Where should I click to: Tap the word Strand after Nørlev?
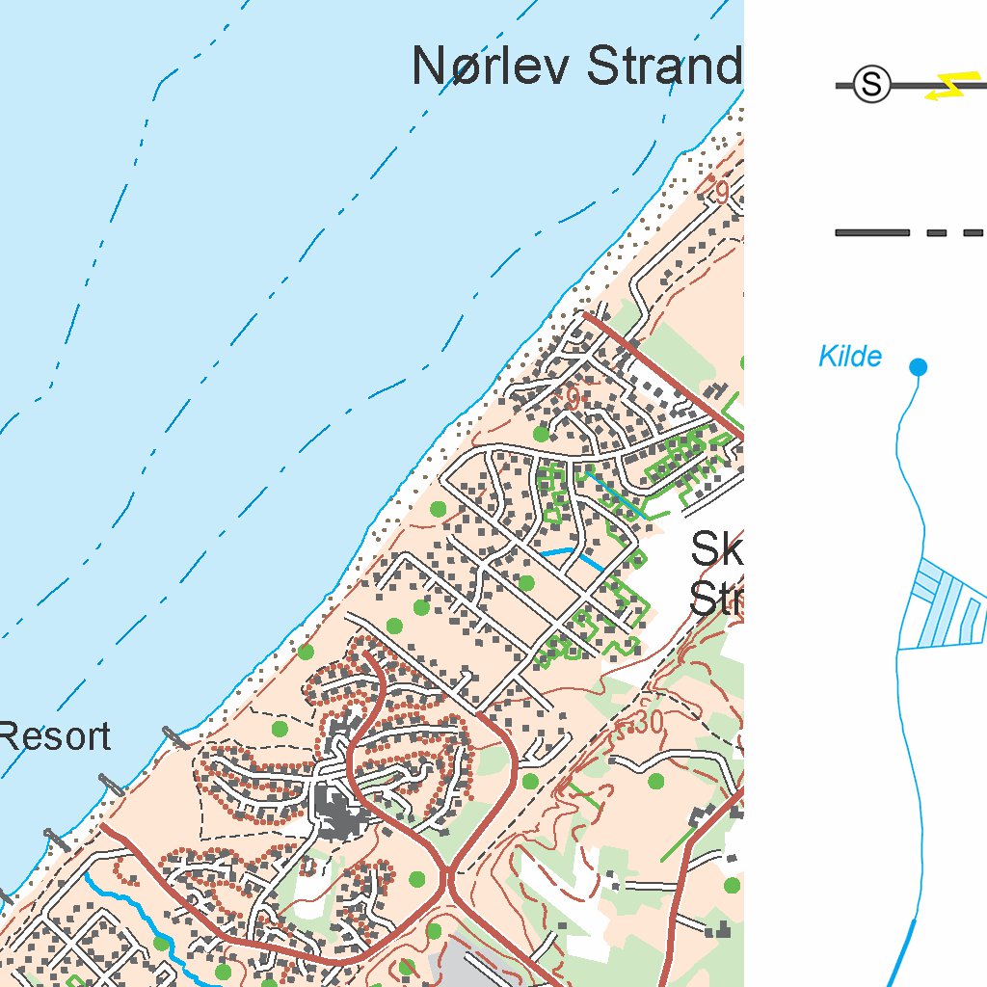click(x=664, y=67)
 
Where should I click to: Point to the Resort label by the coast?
click(x=55, y=737)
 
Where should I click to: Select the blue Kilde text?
click(x=849, y=358)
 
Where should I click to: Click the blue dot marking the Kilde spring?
click(x=918, y=367)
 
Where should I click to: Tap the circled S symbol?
click(x=872, y=85)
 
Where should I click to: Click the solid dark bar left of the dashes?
click(x=871, y=232)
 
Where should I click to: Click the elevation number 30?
click(x=649, y=723)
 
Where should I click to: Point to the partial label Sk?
click(x=717, y=551)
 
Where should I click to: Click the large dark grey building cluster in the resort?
click(x=336, y=810)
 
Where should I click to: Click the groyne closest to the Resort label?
click(x=175, y=737)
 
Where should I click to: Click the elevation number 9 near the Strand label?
click(x=720, y=193)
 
